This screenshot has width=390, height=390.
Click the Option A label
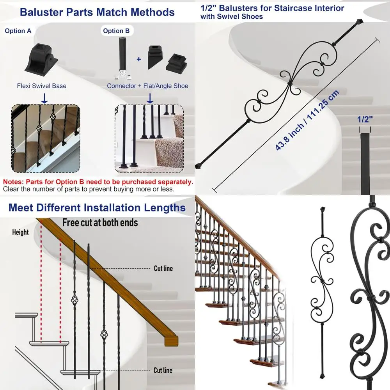click(x=18, y=31)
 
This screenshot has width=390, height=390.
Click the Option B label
click(x=116, y=31)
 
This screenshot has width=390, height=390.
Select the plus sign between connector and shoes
click(x=138, y=59)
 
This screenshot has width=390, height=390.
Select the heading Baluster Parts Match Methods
click(x=97, y=12)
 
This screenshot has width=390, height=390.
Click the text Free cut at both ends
click(x=100, y=223)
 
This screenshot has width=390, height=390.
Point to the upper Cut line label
click(x=163, y=268)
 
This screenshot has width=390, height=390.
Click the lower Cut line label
click(x=163, y=370)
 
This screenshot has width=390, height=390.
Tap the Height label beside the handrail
click(x=20, y=232)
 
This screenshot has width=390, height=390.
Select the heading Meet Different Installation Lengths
click(x=97, y=207)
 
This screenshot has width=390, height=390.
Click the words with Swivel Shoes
click(x=232, y=16)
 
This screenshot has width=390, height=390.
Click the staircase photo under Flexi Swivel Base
click(x=45, y=138)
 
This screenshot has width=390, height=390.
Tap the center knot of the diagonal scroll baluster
click(x=290, y=83)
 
